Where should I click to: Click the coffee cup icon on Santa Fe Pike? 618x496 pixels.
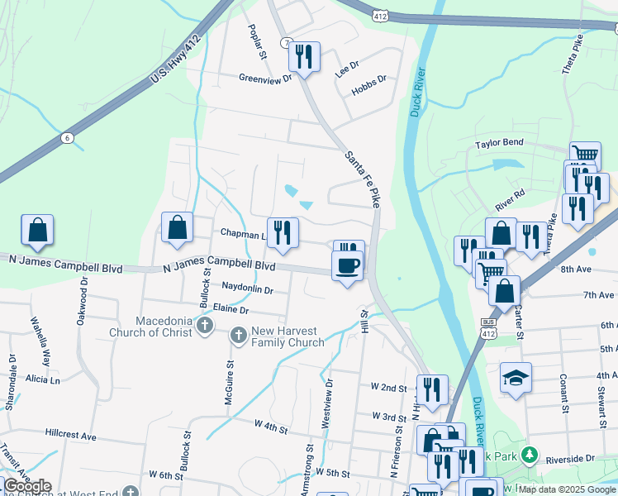click(346, 265)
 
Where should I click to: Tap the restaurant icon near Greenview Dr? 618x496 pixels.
click(305, 56)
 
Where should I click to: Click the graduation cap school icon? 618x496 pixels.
click(516, 377)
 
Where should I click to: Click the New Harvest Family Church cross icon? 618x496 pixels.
click(238, 336)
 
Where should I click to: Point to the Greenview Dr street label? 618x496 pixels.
click(266, 79)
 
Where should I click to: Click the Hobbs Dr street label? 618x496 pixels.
click(368, 85)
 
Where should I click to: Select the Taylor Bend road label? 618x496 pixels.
click(499, 143)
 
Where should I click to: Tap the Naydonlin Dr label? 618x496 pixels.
click(247, 289)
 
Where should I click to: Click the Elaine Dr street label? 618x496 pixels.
click(231, 310)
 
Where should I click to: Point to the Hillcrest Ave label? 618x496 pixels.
click(71, 435)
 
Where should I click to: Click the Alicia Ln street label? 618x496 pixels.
click(43, 379)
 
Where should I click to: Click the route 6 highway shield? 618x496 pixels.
click(67, 137)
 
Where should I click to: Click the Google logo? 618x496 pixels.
click(26, 486)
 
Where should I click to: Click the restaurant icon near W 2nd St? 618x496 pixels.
click(432, 389)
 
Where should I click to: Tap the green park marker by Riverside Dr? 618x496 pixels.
click(530, 456)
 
